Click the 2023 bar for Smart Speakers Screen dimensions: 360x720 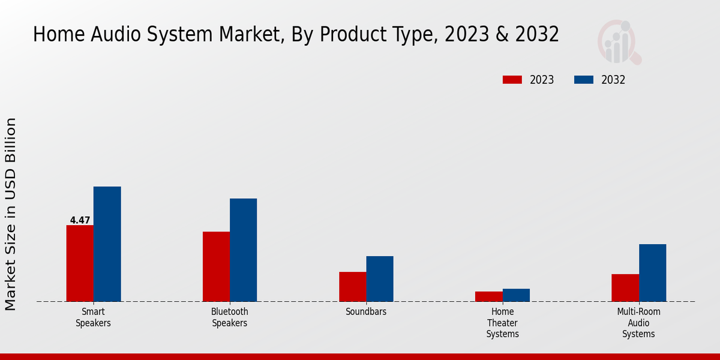click(80, 263)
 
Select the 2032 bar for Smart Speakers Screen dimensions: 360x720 click(107, 244)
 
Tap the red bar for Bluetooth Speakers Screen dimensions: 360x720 click(216, 266)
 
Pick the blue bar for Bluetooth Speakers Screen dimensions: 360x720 click(243, 250)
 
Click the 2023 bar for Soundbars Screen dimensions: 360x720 click(352, 287)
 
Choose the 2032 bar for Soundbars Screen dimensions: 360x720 click(380, 279)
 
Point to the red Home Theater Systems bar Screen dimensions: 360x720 click(488, 296)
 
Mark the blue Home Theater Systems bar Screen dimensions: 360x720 click(516, 295)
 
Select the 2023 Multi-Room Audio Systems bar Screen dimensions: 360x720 click(625, 288)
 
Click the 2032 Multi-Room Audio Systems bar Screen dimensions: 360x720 click(652, 273)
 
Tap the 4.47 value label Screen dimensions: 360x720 click(80, 220)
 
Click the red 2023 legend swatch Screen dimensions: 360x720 click(512, 80)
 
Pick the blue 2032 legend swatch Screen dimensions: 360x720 click(584, 80)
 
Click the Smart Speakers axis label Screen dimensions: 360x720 click(93, 317)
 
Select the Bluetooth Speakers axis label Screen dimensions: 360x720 click(229, 317)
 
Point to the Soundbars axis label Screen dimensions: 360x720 click(366, 312)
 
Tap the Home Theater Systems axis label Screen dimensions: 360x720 click(502, 323)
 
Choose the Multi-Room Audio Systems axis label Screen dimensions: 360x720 click(638, 323)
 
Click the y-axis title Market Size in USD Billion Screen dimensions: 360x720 click(11, 214)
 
